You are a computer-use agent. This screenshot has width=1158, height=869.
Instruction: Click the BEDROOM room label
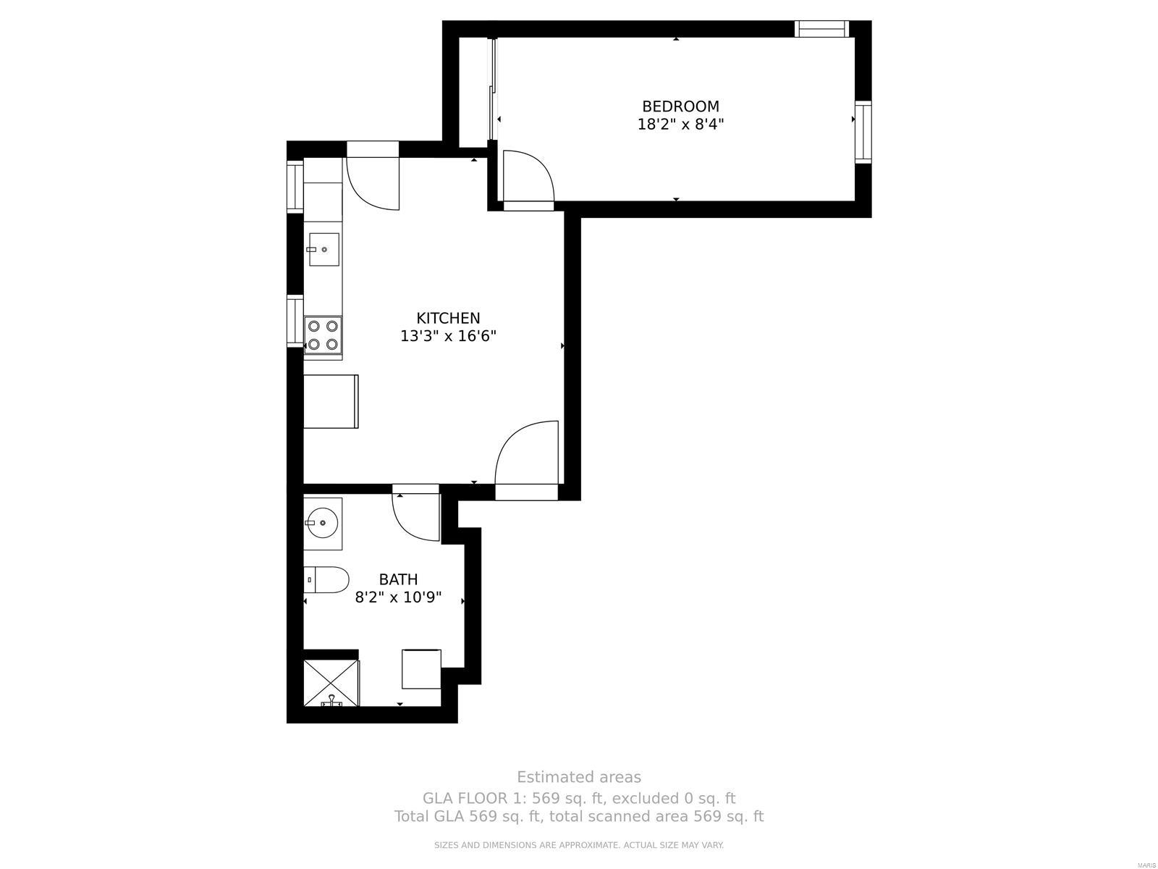pos(680,106)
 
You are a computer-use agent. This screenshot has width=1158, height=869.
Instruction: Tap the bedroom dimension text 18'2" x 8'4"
pos(680,124)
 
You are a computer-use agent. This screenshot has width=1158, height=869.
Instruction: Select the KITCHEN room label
pos(448,318)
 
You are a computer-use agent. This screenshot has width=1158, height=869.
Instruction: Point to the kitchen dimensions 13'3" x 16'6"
pos(448,336)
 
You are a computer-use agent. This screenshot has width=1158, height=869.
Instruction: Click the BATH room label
pos(398,579)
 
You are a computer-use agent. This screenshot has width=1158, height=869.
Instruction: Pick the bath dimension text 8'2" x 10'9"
pos(398,597)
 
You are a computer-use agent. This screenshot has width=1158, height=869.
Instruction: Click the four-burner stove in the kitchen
pos(323,335)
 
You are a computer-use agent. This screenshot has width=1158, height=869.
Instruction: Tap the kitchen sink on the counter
pos(324,249)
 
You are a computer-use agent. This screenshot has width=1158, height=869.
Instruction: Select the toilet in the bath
pos(326,579)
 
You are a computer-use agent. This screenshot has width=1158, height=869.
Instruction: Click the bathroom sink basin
pos(321,521)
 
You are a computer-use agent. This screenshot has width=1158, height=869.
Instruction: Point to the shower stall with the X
pos(331,682)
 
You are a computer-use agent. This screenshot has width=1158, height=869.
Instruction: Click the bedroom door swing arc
pos(528,175)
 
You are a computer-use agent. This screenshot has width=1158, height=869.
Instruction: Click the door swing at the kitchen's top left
pos(373,183)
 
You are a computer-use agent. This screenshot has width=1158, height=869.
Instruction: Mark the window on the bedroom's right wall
pos(863,133)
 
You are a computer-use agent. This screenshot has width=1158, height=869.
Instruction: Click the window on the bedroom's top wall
pos(821,29)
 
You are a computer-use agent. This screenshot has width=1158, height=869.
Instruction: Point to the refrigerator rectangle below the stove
pos(331,401)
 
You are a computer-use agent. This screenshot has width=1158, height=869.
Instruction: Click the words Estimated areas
pos(578,777)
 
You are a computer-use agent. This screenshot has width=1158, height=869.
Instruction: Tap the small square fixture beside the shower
pos(421,669)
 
